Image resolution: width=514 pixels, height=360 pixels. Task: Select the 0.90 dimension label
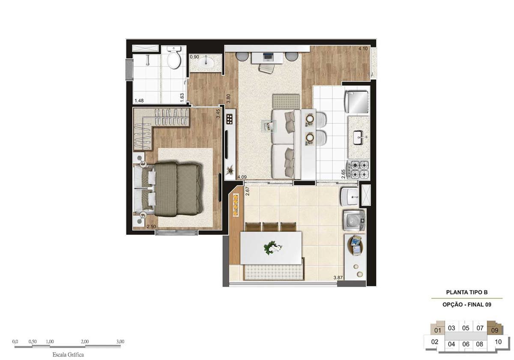tap(194, 57)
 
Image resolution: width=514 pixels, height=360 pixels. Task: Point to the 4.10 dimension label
tap(363, 49)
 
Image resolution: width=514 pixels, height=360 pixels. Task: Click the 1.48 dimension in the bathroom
tap(139, 101)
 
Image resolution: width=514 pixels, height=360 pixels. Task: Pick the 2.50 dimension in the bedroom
tap(151, 227)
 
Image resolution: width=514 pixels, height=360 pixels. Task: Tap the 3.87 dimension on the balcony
tap(338, 278)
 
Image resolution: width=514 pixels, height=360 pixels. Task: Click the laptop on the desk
tap(267, 57)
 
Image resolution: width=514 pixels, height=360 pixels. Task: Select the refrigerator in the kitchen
tap(357, 102)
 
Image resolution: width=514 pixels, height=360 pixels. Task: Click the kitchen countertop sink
tap(358, 137)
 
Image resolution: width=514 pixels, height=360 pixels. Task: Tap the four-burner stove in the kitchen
tap(359, 170)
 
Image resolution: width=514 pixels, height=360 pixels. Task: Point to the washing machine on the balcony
tap(354, 220)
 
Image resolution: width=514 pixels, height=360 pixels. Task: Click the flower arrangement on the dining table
tap(272, 248)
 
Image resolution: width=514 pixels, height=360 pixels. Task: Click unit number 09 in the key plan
tap(495, 330)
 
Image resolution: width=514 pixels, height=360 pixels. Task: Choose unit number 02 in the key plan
tap(435, 342)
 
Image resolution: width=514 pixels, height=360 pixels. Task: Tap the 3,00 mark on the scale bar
tap(120, 342)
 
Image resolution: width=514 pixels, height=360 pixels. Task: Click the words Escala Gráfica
tap(68, 354)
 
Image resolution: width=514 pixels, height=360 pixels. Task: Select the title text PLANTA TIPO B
tap(467, 292)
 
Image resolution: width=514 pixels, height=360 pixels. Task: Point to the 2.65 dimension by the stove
tap(343, 174)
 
